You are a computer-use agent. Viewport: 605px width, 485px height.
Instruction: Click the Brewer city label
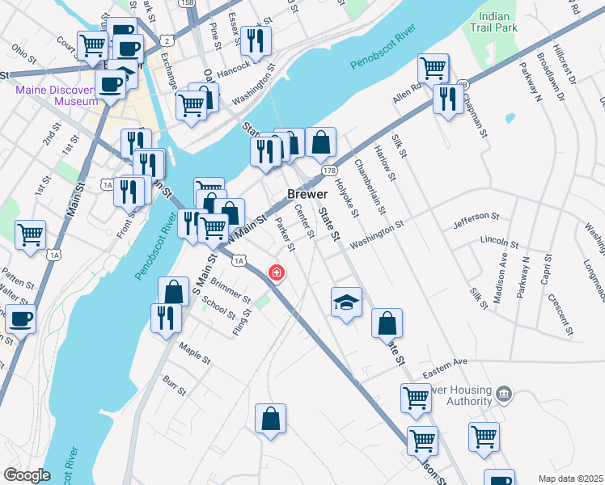pyautogui.click(x=307, y=195)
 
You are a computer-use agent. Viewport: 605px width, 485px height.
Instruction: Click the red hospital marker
pyautogui.click(x=277, y=272)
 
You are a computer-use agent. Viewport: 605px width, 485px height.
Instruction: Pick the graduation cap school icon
pyautogui.click(x=346, y=302)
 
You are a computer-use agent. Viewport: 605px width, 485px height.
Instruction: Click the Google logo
pyautogui.click(x=27, y=475)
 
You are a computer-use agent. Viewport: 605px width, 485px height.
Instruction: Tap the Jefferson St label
pyautogui.click(x=477, y=218)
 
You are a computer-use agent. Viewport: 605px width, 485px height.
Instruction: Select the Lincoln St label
pyautogui.click(x=499, y=242)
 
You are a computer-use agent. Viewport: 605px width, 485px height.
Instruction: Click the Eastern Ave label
pyautogui.click(x=445, y=361)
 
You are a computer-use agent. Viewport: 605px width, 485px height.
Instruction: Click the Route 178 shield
pyautogui.click(x=329, y=171)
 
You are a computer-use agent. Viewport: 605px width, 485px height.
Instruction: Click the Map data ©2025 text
pyautogui.click(x=569, y=478)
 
